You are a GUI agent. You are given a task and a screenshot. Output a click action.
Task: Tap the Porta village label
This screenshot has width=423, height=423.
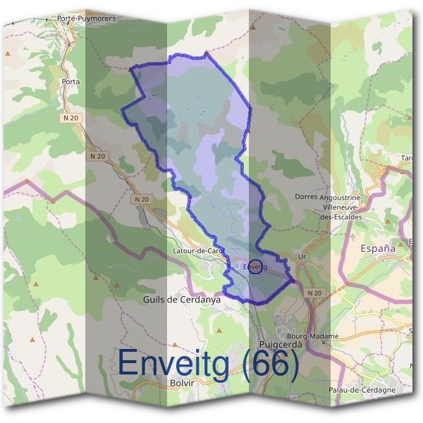(71, 82)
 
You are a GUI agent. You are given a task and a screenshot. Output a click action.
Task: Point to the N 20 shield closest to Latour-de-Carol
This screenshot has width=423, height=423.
(142, 200)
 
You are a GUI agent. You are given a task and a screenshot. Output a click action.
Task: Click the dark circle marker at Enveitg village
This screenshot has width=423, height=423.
(256, 266)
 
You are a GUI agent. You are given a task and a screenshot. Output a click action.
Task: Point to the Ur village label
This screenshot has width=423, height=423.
(302, 257)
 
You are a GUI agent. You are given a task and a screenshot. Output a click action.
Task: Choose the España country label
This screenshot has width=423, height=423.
(378, 248)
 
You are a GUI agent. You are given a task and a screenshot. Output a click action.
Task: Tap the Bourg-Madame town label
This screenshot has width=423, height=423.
(314, 336)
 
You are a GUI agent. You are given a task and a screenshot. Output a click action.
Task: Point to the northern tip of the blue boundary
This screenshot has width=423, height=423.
(205, 52)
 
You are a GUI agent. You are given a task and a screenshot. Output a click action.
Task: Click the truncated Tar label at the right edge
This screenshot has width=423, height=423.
(407, 158)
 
